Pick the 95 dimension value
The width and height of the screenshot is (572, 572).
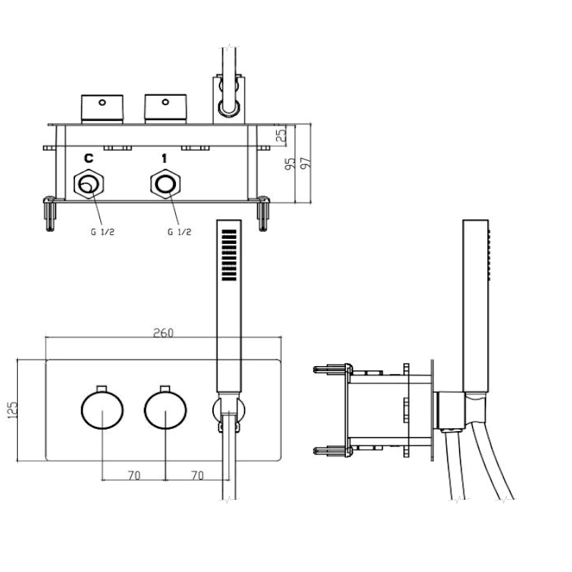290,164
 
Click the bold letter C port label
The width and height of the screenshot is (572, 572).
89,157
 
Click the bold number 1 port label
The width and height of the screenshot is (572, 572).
164,157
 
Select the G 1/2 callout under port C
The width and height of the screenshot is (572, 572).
103,232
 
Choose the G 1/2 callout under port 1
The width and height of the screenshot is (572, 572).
179,232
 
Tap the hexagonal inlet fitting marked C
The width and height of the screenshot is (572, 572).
89,185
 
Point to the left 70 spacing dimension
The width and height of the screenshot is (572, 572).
133,474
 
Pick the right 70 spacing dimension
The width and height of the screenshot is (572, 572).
197,474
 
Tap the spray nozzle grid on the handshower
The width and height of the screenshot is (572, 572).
230,255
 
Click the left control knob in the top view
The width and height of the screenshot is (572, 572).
102,108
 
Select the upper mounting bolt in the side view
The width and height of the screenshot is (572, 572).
331,370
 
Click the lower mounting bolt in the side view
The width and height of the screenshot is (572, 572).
331,450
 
